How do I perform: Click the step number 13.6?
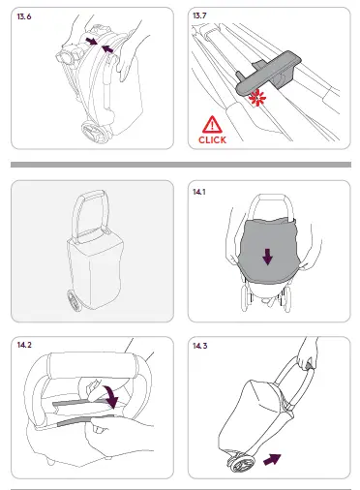25,17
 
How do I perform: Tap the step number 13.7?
202,17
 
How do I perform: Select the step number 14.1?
201,193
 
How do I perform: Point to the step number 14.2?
25,344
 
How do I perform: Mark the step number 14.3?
202,344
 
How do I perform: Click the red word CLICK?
212,139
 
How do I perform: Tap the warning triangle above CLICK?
212,123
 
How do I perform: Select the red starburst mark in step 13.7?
259,100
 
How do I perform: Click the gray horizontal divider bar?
180,166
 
